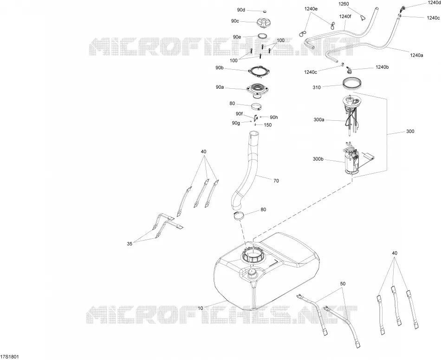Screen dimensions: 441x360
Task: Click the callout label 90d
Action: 241,10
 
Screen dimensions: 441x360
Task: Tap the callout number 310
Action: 317,87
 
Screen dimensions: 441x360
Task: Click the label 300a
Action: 318,120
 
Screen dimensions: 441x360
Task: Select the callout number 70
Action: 276,181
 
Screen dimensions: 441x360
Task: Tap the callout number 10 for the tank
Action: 200,308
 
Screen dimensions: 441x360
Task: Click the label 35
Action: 130,244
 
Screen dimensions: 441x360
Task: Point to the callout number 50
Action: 343,284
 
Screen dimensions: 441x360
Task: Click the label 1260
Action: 344,4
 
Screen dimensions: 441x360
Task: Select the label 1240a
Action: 416,55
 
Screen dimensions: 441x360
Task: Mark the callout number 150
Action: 268,125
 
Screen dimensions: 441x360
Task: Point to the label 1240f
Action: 345,16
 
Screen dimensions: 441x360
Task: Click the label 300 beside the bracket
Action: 410,131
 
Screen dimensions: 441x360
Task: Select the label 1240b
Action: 382,67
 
